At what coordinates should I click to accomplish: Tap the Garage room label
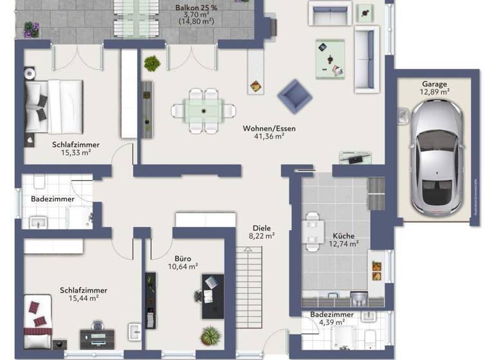coord(435,84)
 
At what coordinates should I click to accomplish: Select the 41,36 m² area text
coord(269,137)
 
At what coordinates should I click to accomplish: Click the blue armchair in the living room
coord(295,96)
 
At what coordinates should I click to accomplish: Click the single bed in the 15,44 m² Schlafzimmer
coord(37,318)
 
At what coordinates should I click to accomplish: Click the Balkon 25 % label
coord(196,8)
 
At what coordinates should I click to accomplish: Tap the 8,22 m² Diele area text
coord(262,236)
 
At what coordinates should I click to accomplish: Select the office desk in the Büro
coord(212,296)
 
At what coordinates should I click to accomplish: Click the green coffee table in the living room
coord(330,57)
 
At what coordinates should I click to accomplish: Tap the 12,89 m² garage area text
coord(435,92)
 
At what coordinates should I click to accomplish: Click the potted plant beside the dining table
coord(152,63)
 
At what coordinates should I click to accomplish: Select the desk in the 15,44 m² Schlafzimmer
coord(98,336)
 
